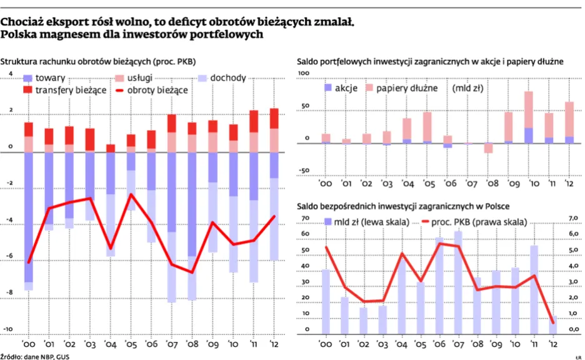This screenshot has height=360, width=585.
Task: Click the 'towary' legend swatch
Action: pyautogui.click(x=27, y=79)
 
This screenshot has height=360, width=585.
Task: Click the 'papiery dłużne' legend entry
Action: pyautogui.click(x=409, y=88)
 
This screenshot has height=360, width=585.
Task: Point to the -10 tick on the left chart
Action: pyautogui.click(x=9, y=329)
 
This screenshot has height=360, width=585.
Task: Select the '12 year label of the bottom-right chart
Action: pyautogui.click(x=552, y=344)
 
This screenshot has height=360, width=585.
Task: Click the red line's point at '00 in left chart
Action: pyautogui.click(x=29, y=262)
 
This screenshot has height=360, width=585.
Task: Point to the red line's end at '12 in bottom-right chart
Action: pyautogui.click(x=552, y=322)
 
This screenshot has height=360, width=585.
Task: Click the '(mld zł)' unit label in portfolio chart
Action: pyautogui.click(x=469, y=88)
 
